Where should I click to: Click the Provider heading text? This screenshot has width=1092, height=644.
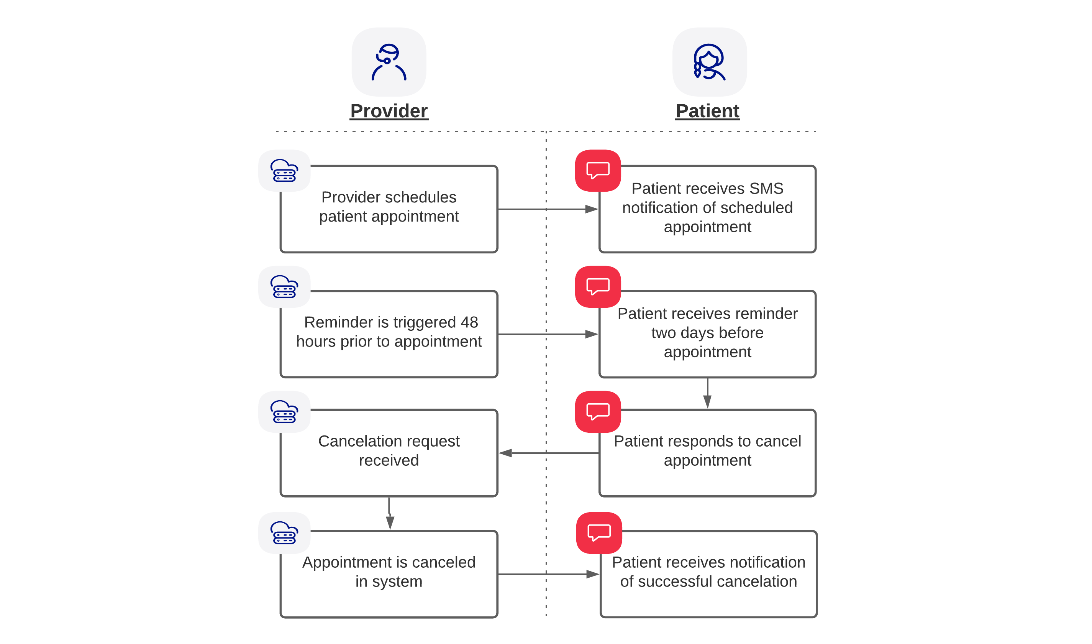[389, 111]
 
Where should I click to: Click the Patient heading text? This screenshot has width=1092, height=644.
[707, 111]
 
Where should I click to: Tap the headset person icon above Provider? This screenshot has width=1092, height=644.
[389, 62]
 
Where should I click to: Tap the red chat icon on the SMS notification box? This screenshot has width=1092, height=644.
[598, 171]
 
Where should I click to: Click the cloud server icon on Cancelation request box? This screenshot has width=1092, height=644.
[284, 412]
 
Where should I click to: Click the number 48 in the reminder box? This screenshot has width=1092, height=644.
[469, 322]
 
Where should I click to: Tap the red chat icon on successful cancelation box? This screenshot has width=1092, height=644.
[598, 533]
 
